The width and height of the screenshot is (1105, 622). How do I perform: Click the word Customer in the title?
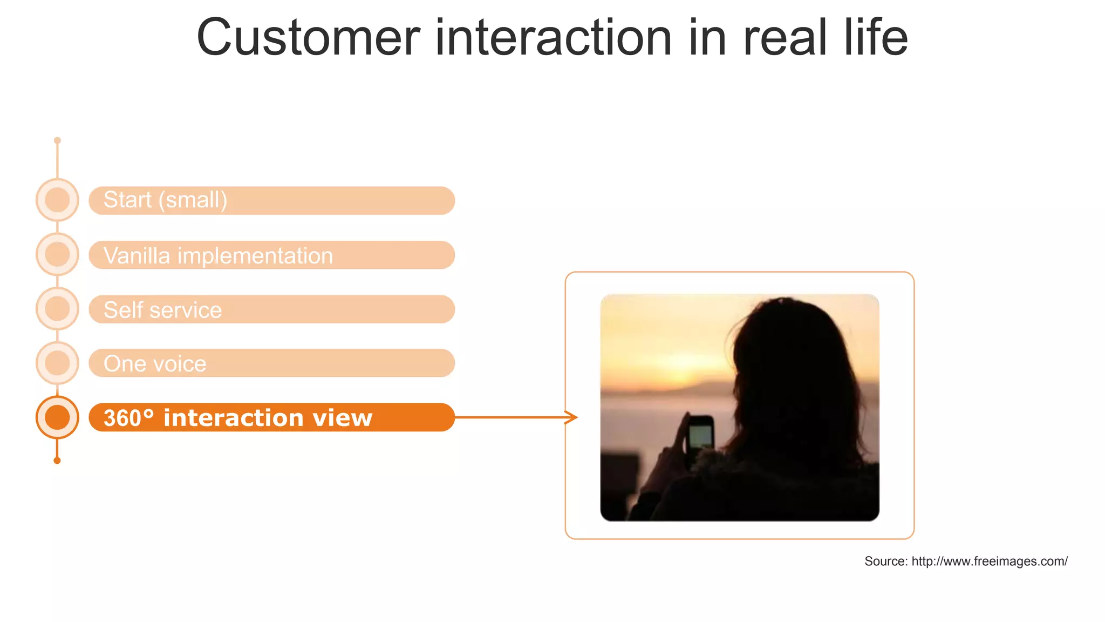pos(308,38)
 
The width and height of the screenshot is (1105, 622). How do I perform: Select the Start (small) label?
pos(165,200)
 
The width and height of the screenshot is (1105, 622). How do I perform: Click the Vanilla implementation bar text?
pos(218,255)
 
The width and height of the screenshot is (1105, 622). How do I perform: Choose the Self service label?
pos(162,310)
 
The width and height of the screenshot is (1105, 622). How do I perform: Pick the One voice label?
pos(155,364)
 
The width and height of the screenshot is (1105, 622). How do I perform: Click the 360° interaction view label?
pos(238,418)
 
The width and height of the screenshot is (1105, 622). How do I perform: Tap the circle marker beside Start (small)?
pos(57,200)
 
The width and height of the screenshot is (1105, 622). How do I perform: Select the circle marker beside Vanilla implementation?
pos(57,254)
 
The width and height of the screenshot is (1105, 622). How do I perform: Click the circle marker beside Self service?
pos(57,309)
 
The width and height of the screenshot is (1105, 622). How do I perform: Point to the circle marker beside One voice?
pos(57,363)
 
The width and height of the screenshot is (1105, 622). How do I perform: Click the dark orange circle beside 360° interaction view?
pos(57,417)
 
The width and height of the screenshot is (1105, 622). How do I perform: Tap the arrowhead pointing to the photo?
pos(572,417)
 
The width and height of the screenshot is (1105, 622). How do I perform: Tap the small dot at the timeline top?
pos(57,140)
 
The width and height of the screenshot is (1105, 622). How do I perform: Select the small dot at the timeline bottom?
pos(57,461)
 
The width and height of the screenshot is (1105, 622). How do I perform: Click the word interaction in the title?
pos(553,38)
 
